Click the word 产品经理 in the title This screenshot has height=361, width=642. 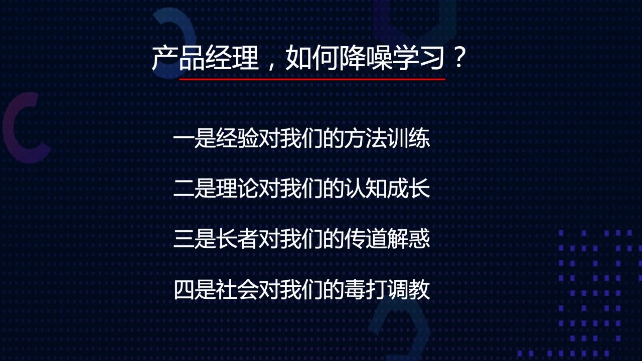[x=205, y=58]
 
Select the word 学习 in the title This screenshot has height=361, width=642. [x=418, y=58]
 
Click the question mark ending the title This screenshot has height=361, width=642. [x=459, y=57]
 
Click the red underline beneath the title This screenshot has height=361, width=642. [x=312, y=79]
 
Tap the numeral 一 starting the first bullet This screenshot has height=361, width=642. [x=184, y=139]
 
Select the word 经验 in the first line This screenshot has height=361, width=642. [x=237, y=139]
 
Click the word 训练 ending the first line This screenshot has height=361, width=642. [x=408, y=139]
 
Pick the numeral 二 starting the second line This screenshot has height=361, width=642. [x=184, y=189]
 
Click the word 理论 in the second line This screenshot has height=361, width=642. [x=237, y=189]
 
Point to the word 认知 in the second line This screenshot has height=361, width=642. [x=366, y=189]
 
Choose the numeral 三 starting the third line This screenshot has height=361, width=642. [x=184, y=239]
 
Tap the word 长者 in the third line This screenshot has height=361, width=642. [x=237, y=238]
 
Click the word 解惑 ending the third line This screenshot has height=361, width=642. [x=408, y=238]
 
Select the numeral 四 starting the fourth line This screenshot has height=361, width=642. [x=184, y=290]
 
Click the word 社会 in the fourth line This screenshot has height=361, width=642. [x=237, y=289]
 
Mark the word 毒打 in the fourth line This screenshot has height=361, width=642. [x=366, y=289]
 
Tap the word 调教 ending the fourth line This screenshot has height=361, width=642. [x=408, y=289]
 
